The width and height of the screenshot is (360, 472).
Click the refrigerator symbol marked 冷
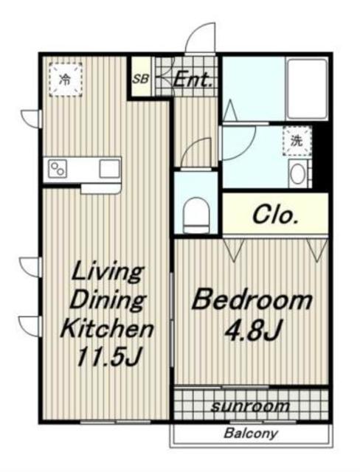(66, 80)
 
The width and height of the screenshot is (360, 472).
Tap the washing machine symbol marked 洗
(297, 141)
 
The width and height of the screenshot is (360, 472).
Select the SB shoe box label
(141, 79)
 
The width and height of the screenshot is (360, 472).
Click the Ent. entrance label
(193, 80)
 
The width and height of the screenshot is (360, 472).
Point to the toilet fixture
(196, 215)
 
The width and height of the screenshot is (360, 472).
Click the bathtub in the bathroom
(307, 89)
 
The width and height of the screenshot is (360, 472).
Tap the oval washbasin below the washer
(297, 174)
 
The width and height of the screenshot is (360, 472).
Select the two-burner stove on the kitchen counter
(58, 169)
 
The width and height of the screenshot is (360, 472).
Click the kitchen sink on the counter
(110, 169)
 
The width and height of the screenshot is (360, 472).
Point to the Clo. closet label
(276, 215)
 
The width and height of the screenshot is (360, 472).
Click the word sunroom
(250, 406)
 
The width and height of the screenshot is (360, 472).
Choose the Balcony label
(250, 434)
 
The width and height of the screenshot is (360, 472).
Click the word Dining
(108, 299)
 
